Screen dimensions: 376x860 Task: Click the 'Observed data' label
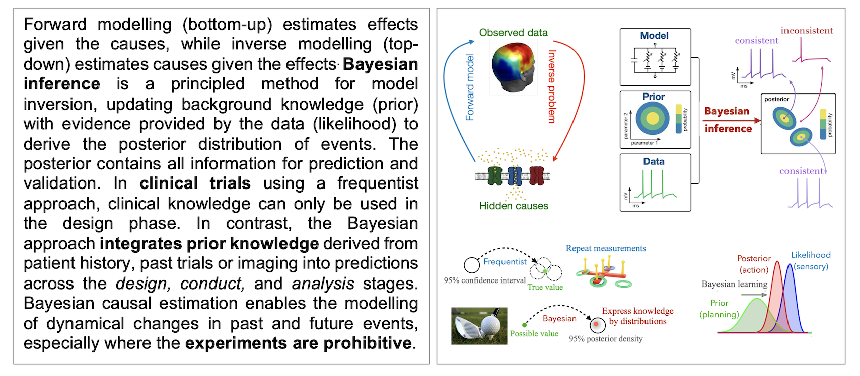pyautogui.click(x=513, y=33)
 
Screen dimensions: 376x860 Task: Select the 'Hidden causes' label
pyautogui.click(x=514, y=206)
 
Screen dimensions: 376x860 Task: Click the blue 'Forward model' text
pyautogui.click(x=470, y=87)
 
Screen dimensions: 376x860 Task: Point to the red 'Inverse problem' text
pyautogui.click(x=552, y=86)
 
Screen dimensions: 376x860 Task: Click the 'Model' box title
pyautogui.click(x=654, y=36)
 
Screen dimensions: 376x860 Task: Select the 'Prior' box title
pyautogui.click(x=654, y=97)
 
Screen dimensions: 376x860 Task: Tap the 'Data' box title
pyautogui.click(x=654, y=162)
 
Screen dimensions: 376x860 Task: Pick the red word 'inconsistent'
pyautogui.click(x=807, y=31)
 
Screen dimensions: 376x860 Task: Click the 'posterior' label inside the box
pyautogui.click(x=776, y=99)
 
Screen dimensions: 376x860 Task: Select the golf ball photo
pyautogui.click(x=479, y=326)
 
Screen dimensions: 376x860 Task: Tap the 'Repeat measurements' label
pyautogui.click(x=606, y=248)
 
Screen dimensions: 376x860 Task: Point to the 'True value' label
pyautogui.click(x=545, y=287)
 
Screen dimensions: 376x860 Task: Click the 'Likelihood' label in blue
pyautogui.click(x=811, y=255)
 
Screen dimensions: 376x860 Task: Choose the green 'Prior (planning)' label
pyautogui.click(x=720, y=309)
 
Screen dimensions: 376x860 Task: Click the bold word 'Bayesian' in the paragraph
pyautogui.click(x=380, y=64)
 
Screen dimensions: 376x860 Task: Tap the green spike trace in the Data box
pyautogui.click(x=655, y=186)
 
